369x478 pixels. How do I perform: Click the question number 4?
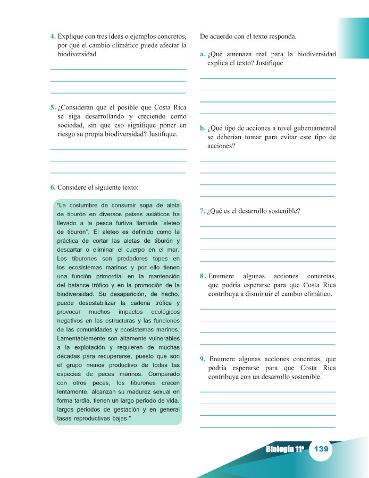[53, 37]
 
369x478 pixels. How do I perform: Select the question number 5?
[53, 107]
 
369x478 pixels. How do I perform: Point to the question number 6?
[53, 187]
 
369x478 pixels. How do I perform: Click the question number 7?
[203, 211]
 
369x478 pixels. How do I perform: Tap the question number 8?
[203, 276]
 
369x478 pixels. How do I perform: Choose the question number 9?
[203, 359]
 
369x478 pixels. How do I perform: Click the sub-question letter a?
[203, 54]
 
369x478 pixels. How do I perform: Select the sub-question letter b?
[203, 128]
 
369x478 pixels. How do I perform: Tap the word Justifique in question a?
[267, 63]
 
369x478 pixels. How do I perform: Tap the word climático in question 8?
[316, 294]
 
